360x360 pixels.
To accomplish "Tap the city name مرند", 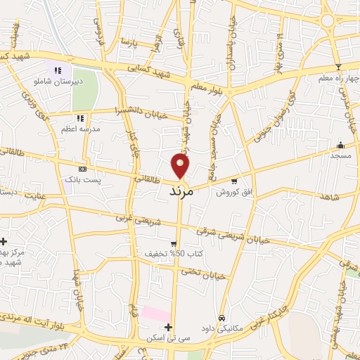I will click(181, 191).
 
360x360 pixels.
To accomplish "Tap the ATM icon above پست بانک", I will click(83, 169).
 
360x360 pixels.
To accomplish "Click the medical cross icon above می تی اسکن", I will click(168, 327).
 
